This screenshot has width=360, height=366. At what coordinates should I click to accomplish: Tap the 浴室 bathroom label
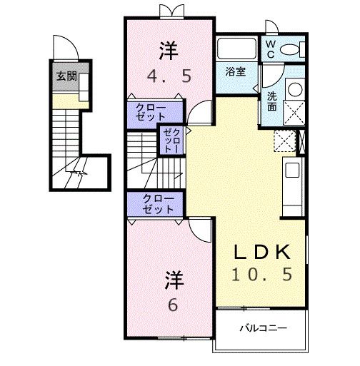(x=236, y=72)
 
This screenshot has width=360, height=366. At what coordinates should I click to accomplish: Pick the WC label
(x=272, y=49)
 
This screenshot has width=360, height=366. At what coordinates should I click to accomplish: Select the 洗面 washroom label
(x=272, y=101)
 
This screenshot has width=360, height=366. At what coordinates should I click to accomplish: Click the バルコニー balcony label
(x=263, y=329)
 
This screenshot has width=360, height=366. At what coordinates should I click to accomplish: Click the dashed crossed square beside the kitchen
(x=285, y=140)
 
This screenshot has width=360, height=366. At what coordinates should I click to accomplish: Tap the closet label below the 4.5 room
(x=156, y=111)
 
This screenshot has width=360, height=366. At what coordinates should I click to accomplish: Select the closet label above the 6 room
(x=157, y=204)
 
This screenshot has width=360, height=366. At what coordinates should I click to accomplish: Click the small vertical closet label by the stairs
(x=171, y=141)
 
